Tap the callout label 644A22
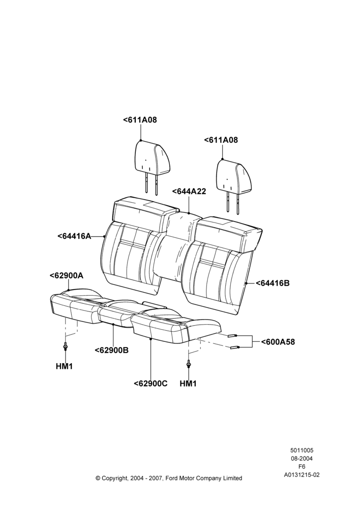[x=189, y=192]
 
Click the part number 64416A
[x=74, y=236]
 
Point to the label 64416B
[x=273, y=283]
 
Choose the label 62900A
[x=67, y=275]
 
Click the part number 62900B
[x=111, y=350]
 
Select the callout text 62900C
[x=151, y=384]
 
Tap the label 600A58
[x=278, y=342]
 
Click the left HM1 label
[x=64, y=366]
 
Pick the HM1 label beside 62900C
[x=188, y=384]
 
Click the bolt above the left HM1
[x=66, y=346]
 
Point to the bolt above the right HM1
[x=189, y=364]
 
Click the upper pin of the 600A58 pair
[x=232, y=336]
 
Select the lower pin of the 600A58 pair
[x=234, y=348]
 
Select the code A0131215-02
[x=302, y=475]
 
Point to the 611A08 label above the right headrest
[x=221, y=140]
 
